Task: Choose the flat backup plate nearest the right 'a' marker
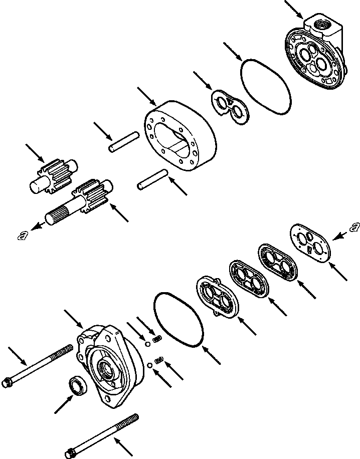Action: pyautogui.click(x=312, y=243)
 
